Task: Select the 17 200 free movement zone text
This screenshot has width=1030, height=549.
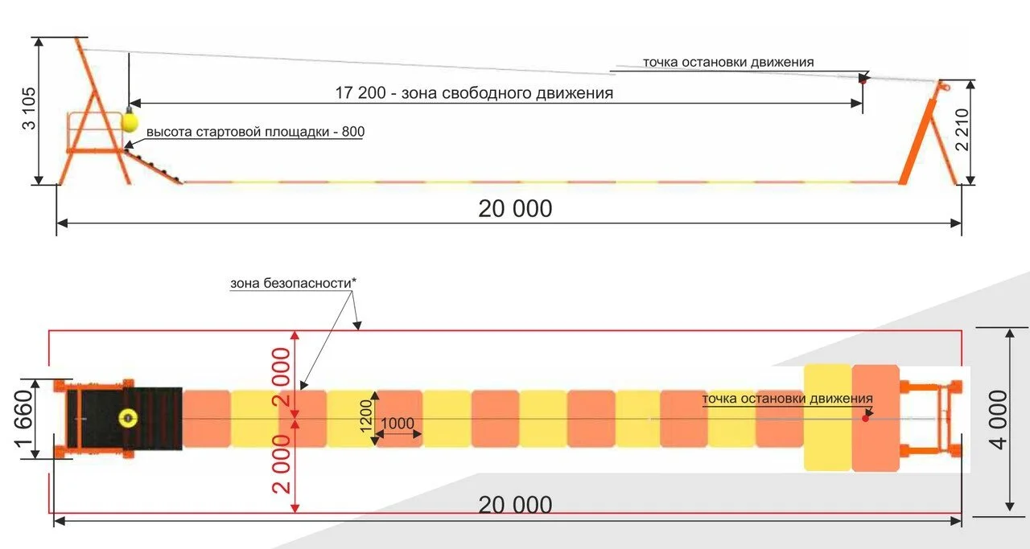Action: click(x=474, y=92)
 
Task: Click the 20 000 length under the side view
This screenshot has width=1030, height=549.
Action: click(x=515, y=209)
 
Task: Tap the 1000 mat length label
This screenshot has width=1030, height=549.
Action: click(x=398, y=424)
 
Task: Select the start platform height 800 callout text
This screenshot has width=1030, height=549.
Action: click(x=255, y=131)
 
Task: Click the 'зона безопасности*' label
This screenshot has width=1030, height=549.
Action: click(x=293, y=283)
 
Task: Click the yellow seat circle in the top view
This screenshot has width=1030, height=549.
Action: click(x=127, y=417)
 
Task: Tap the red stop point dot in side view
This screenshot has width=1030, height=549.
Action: click(x=863, y=80)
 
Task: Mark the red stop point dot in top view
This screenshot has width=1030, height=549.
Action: click(x=866, y=418)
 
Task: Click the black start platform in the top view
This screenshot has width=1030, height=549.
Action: click(x=153, y=417)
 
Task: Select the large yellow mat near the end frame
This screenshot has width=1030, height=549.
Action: click(x=827, y=418)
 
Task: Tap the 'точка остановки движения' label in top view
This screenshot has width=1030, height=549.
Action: click(x=787, y=399)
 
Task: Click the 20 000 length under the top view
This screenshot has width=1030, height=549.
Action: click(x=515, y=506)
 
